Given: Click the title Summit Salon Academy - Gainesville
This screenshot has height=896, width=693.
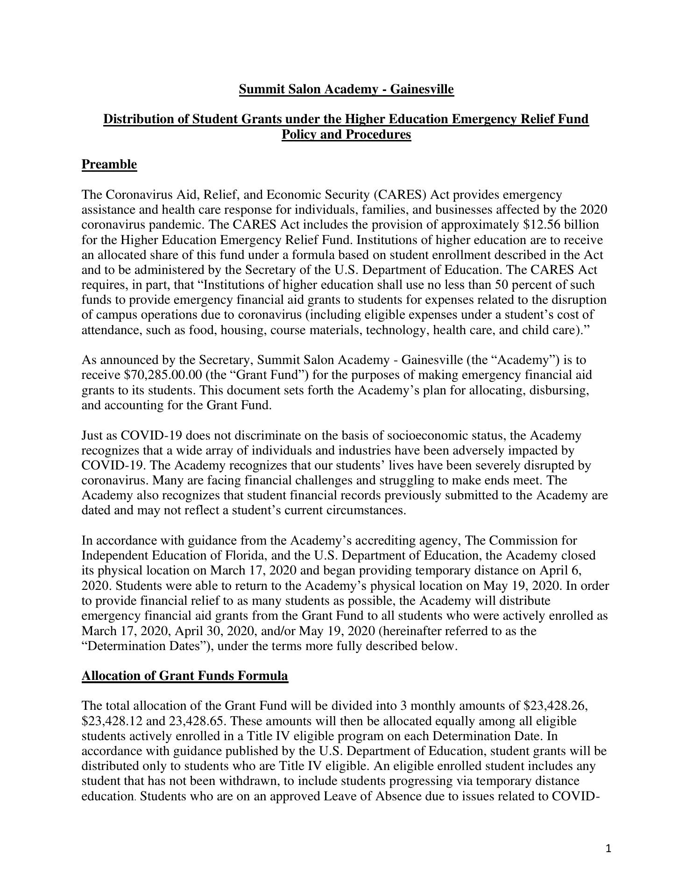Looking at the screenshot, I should pos(346,89).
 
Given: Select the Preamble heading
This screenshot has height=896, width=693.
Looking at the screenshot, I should pos(109,164).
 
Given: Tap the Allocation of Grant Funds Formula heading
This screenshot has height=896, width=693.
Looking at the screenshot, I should pos(185,676).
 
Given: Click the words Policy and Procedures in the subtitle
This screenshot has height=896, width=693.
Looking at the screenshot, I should pos(346,134).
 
